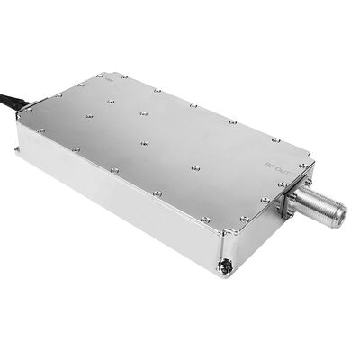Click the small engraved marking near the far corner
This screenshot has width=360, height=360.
click(x=109, y=79)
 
